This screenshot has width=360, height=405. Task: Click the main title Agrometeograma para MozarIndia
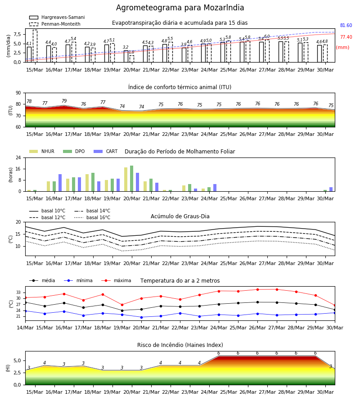click(x=180, y=8)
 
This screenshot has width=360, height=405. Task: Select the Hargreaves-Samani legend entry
click(x=57, y=17)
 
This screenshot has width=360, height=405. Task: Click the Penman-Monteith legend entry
click(x=55, y=24)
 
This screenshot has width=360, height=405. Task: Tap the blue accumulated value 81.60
click(x=346, y=25)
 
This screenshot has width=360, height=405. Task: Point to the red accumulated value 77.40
click(x=346, y=37)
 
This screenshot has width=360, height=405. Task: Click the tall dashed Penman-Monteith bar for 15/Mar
click(x=35, y=46)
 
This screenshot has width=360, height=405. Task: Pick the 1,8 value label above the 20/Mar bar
click(x=131, y=52)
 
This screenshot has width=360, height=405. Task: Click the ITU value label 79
click(x=64, y=101)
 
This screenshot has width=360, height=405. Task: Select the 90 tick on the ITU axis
click(x=18, y=93)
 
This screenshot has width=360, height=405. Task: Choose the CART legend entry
click(x=106, y=151)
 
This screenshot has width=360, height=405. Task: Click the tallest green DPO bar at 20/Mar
click(x=132, y=179)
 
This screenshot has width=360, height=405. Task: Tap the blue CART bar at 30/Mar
click(x=331, y=189)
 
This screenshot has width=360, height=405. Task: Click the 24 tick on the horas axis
click(x=18, y=157)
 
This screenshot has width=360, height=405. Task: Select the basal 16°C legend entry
click(x=92, y=217)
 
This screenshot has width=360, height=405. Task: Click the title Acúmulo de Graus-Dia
click(x=180, y=216)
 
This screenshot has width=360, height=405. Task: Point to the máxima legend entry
click(x=117, y=280)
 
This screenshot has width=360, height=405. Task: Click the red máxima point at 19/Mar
click(x=122, y=305)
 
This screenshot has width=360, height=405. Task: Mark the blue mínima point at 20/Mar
click(x=141, y=317)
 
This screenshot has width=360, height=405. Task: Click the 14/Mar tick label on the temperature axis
click(x=25, y=328)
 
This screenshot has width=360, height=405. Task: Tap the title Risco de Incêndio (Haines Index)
click(x=180, y=345)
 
